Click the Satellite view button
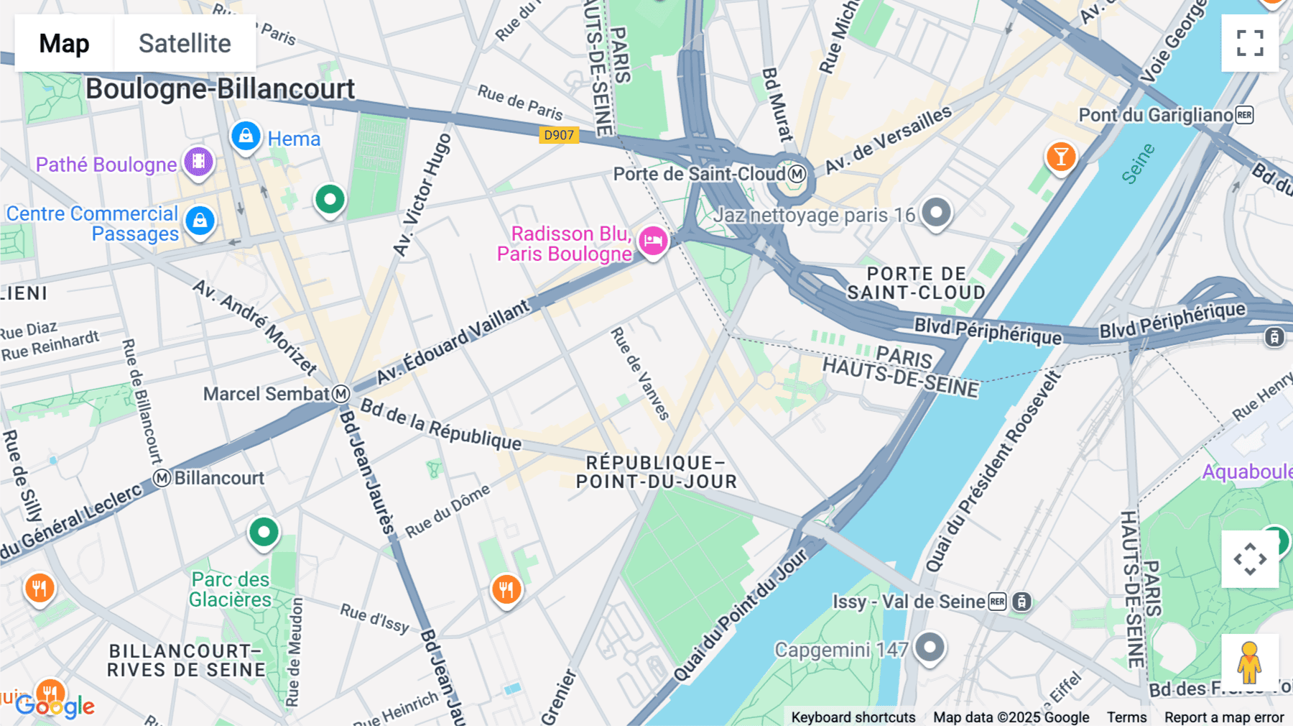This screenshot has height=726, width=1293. (185, 43)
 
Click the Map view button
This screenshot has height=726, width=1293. (64, 43)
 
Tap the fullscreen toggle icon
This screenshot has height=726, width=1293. (1250, 43)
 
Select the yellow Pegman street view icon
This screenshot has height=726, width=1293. (1249, 663)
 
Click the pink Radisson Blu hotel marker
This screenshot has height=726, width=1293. (653, 242)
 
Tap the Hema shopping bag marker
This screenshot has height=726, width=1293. (246, 136)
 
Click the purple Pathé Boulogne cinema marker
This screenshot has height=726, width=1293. (199, 162)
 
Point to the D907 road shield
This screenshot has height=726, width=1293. (559, 135)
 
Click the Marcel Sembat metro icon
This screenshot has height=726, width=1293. (341, 394)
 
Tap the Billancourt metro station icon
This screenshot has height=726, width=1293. (162, 478)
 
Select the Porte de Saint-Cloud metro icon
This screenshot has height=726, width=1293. (797, 174)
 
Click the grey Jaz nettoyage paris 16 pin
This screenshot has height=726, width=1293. (936, 213)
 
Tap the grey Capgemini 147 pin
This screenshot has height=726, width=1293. (930, 648)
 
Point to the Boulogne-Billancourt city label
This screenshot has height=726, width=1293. (220, 89)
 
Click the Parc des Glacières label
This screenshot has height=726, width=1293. (230, 589)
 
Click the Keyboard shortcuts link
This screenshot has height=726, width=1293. (853, 717)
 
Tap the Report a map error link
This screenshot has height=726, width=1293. (1223, 717)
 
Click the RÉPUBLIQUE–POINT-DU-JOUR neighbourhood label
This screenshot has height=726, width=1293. (656, 472)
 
